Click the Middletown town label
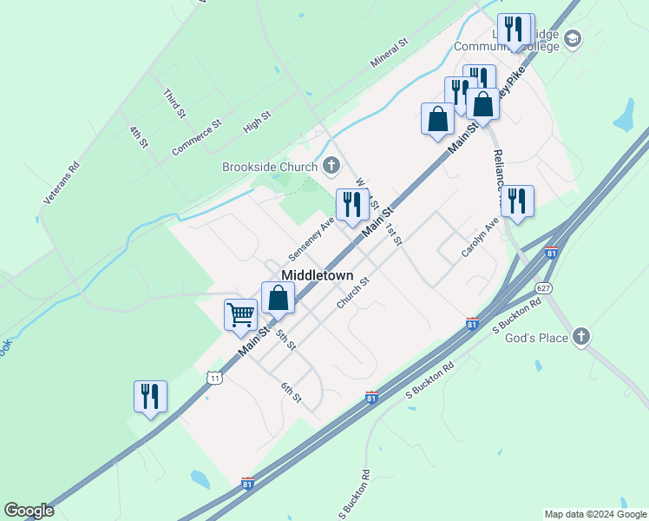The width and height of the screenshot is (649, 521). (318, 274)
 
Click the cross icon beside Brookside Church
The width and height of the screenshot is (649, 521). (331, 165)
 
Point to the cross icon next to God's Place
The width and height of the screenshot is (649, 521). (581, 337)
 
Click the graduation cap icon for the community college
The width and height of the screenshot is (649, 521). (572, 38)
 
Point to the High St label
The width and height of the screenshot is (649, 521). (258, 122)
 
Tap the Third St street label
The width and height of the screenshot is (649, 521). (174, 102)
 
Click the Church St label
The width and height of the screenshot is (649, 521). (353, 293)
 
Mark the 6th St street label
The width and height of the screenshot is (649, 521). (291, 392)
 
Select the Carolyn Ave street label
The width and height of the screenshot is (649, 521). (480, 237)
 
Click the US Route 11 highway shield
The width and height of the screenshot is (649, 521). (214, 377)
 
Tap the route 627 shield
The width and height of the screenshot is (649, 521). (544, 287)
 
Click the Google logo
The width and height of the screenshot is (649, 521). (29, 511)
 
